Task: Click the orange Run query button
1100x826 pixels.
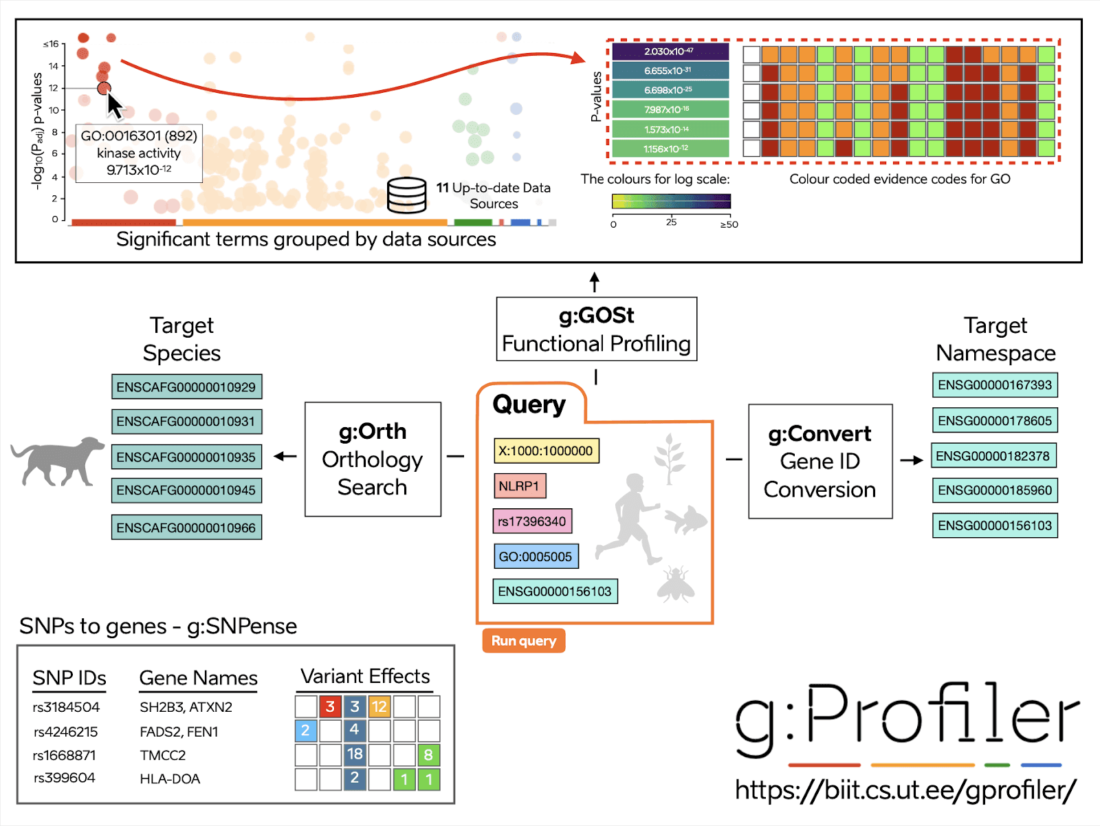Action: (x=523, y=641)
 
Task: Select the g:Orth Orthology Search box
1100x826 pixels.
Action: (x=373, y=459)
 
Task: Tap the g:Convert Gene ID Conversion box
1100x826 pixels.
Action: (x=819, y=461)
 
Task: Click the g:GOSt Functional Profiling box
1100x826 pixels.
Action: (x=596, y=329)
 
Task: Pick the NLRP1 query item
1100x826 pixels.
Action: (x=519, y=486)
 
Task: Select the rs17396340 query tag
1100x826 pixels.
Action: (x=532, y=521)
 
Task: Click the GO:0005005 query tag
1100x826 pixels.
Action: (x=536, y=556)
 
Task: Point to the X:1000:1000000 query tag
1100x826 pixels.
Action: (x=546, y=451)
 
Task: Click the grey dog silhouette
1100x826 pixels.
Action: (x=58, y=461)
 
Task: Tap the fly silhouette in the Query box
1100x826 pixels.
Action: (x=675, y=584)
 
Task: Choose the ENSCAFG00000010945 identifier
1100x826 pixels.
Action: (x=186, y=490)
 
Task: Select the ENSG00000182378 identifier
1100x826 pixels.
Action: (x=993, y=456)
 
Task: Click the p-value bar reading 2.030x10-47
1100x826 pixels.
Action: (x=670, y=52)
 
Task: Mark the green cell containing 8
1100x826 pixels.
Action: (x=428, y=755)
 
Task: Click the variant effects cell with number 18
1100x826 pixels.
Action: (x=355, y=754)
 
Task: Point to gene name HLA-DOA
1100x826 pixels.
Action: (x=170, y=779)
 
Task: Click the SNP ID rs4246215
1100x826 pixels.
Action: (x=66, y=732)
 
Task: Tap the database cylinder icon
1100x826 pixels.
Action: (x=406, y=195)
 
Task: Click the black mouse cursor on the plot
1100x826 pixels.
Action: (x=114, y=105)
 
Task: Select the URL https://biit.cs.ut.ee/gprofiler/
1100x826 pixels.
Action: (x=905, y=790)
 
